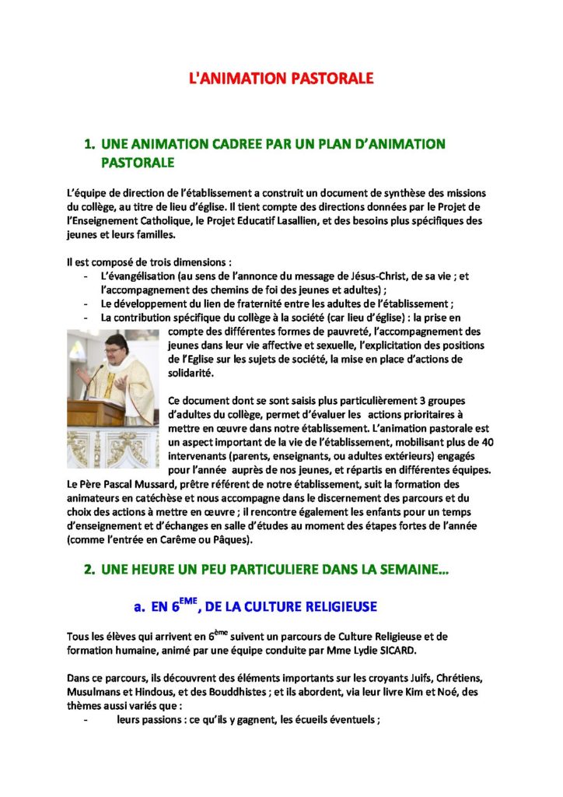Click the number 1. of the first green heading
tap(90, 144)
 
